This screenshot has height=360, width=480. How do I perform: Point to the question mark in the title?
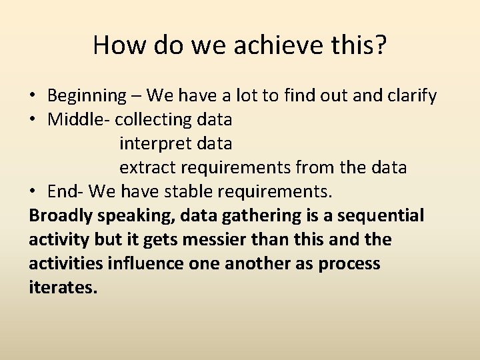coord(380,45)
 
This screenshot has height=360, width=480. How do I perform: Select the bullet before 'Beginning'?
coord(33,97)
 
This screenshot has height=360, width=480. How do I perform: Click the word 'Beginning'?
coord(86,96)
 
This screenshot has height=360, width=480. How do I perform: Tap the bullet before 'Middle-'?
coord(33,121)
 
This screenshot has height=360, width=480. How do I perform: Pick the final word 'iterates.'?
coord(63,288)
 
